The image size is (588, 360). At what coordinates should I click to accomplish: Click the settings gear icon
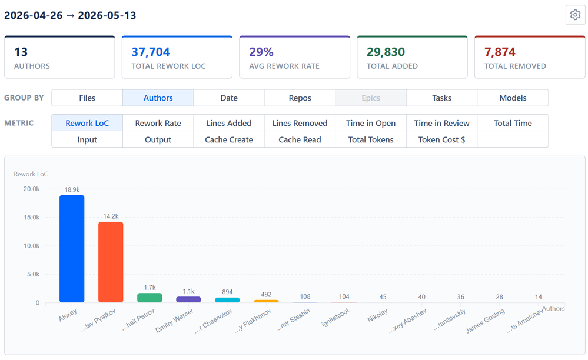[x=575, y=15]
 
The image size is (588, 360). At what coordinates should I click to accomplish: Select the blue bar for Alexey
[x=72, y=249]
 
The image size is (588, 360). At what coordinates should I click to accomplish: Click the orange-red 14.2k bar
[x=111, y=262]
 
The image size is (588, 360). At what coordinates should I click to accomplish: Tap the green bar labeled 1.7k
[x=150, y=298]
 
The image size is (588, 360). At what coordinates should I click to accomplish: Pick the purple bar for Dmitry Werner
[x=188, y=299]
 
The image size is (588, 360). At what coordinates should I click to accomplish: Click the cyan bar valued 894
[x=227, y=299]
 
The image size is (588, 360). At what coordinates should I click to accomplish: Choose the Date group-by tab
[x=229, y=98]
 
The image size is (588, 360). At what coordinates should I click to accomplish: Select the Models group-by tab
[x=513, y=98]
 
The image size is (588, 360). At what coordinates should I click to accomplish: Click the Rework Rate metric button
[x=158, y=123]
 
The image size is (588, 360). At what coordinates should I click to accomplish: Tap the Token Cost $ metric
[x=442, y=139]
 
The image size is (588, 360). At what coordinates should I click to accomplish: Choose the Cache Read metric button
[x=300, y=139]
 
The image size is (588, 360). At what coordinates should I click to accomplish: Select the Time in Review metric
[x=442, y=123]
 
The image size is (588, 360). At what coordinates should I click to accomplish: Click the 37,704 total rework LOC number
[x=150, y=52]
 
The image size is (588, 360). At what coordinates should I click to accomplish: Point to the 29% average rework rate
[x=261, y=52]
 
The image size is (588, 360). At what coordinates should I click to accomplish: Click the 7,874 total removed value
[x=500, y=52]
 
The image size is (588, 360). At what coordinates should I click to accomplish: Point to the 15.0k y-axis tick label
[x=32, y=217]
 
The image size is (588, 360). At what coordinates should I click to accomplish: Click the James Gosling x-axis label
[x=485, y=321]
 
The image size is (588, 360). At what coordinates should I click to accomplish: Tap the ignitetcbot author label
[x=335, y=317]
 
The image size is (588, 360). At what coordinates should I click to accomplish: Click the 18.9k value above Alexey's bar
[x=72, y=189]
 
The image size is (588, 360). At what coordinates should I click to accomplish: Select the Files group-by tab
[x=87, y=98]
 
